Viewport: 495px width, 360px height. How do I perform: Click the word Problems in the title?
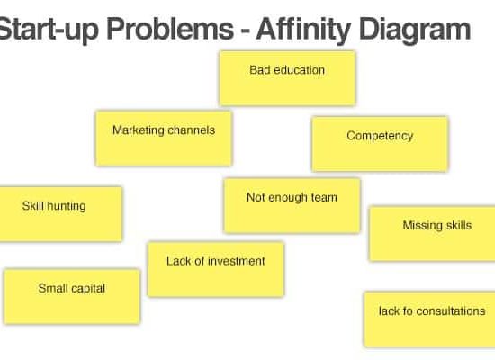click(x=169, y=30)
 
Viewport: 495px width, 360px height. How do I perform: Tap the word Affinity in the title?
click(x=303, y=30)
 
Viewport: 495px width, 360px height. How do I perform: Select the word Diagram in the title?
click(x=415, y=31)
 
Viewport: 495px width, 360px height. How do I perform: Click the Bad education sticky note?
click(x=288, y=78)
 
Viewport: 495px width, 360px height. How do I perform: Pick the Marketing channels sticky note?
click(x=164, y=138)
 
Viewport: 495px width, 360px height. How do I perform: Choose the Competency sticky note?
click(x=380, y=144)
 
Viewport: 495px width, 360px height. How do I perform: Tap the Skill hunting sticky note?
click(x=60, y=214)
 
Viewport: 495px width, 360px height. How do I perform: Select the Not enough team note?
click(x=292, y=206)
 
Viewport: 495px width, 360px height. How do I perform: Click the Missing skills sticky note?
click(x=432, y=234)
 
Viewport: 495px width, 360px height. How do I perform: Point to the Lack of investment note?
click(x=216, y=269)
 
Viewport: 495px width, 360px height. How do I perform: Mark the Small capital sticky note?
click(x=72, y=296)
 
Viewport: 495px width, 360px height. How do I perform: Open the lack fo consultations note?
click(x=429, y=319)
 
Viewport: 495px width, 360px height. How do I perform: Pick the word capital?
click(x=88, y=289)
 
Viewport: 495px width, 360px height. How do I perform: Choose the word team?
click(x=324, y=198)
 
